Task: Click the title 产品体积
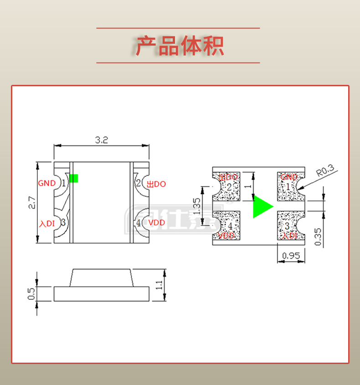[180, 46]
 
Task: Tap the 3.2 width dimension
[101, 140]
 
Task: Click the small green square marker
[73, 178]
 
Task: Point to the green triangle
[262, 206]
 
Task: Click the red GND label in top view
[46, 183]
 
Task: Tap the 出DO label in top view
[156, 184]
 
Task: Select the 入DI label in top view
[47, 224]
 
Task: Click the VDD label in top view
[156, 223]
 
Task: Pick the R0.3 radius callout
[325, 172]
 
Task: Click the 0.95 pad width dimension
[292, 256]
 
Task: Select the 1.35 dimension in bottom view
[197, 206]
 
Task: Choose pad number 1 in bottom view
[288, 186]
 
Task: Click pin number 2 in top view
[138, 183]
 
